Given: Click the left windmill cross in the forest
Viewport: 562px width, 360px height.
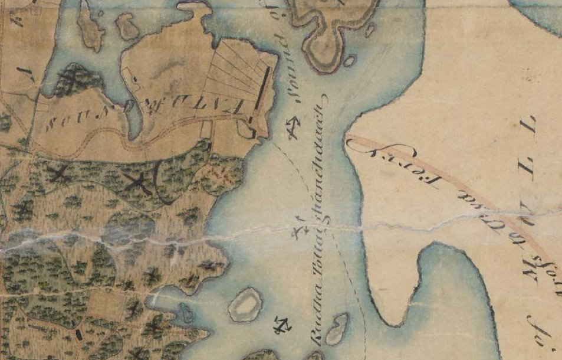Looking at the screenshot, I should click(60, 174).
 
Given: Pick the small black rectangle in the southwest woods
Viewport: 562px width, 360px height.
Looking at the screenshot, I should click(79, 334).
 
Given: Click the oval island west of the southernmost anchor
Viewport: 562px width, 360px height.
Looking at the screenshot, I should click(245, 305).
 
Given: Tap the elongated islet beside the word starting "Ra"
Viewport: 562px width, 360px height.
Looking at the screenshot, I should click(337, 329).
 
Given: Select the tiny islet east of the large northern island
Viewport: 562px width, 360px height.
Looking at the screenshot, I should click(349, 61).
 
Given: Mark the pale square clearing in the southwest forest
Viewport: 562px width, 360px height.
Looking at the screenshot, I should click(107, 305).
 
